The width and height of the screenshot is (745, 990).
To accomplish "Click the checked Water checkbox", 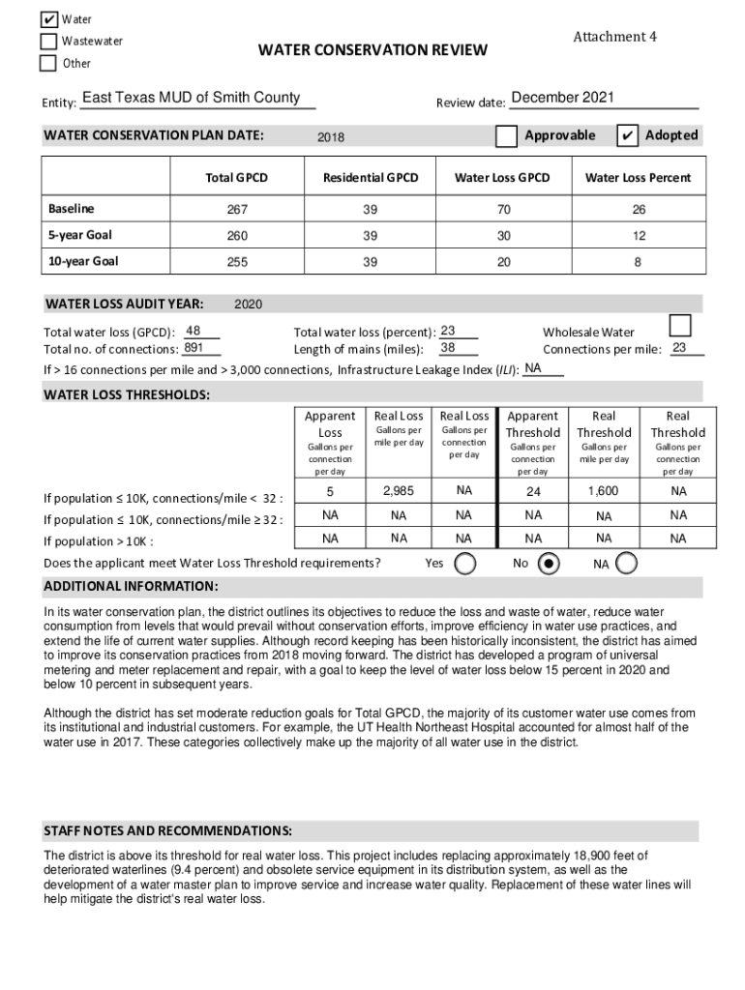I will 48,19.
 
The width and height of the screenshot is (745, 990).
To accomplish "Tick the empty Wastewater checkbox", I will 48,42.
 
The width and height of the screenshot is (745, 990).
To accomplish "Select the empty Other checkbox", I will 48,64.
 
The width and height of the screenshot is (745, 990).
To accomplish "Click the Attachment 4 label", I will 614,37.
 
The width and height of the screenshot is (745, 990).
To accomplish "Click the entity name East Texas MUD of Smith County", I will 192,98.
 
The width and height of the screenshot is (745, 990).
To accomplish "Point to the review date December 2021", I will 562,98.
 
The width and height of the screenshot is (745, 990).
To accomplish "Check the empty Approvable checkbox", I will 506,136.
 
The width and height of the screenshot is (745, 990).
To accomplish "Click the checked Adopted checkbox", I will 627,136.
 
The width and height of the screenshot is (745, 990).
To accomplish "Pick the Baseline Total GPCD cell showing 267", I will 236,209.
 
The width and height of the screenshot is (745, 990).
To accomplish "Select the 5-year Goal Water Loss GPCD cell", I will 502,235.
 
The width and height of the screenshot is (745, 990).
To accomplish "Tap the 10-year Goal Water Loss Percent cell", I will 638,261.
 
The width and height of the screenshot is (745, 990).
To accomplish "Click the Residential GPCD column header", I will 371,178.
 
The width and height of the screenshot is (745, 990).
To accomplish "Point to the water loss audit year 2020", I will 249,305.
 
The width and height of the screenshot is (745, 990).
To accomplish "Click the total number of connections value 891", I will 194,348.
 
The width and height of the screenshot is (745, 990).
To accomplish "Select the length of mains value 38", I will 448,348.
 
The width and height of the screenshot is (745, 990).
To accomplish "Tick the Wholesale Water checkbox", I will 681,325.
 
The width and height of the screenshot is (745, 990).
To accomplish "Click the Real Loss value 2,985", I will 399,491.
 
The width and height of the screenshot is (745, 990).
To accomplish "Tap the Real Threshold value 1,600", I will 604,491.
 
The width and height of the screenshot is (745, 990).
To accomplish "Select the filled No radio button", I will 549,564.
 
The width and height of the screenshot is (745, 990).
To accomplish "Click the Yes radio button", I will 465,564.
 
